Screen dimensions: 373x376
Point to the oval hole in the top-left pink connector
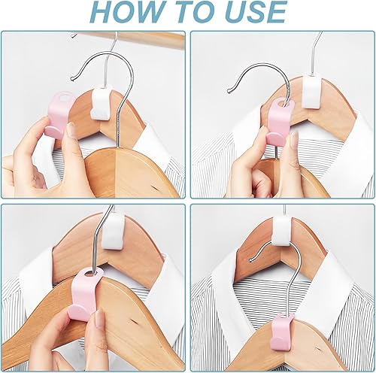pyautogui.click(x=67, y=98)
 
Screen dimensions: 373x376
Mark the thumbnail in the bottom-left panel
pyautogui.click(x=99, y=318)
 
